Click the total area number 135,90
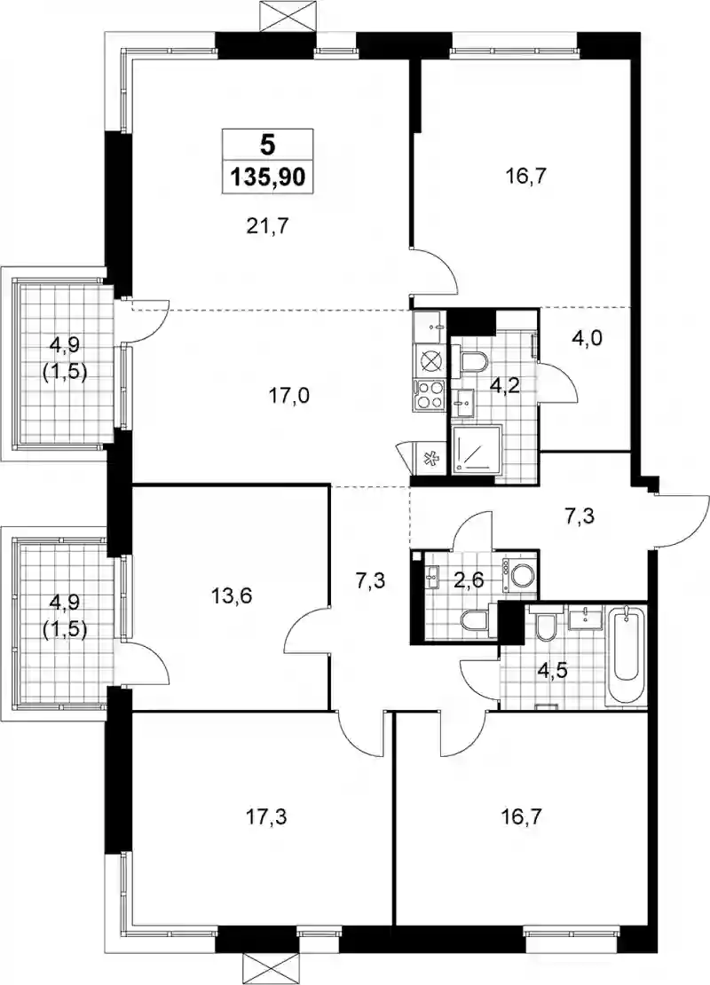pyautogui.click(x=268, y=177)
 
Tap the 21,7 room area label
pyautogui.click(x=268, y=225)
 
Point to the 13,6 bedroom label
pyautogui.click(x=232, y=595)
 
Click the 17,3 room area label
pyautogui.click(x=269, y=817)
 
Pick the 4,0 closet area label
pyautogui.click(x=587, y=339)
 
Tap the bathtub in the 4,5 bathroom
pyautogui.click(x=627, y=656)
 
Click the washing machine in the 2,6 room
pyautogui.click(x=520, y=575)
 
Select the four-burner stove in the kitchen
pyautogui.click(x=430, y=395)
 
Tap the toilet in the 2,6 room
pyautogui.click(x=476, y=622)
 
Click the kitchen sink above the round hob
pyautogui.click(x=430, y=326)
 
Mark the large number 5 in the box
pyautogui.click(x=268, y=146)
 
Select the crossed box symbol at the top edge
pyautogui.click(x=286, y=14)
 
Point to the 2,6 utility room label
pyautogui.click(x=468, y=579)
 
